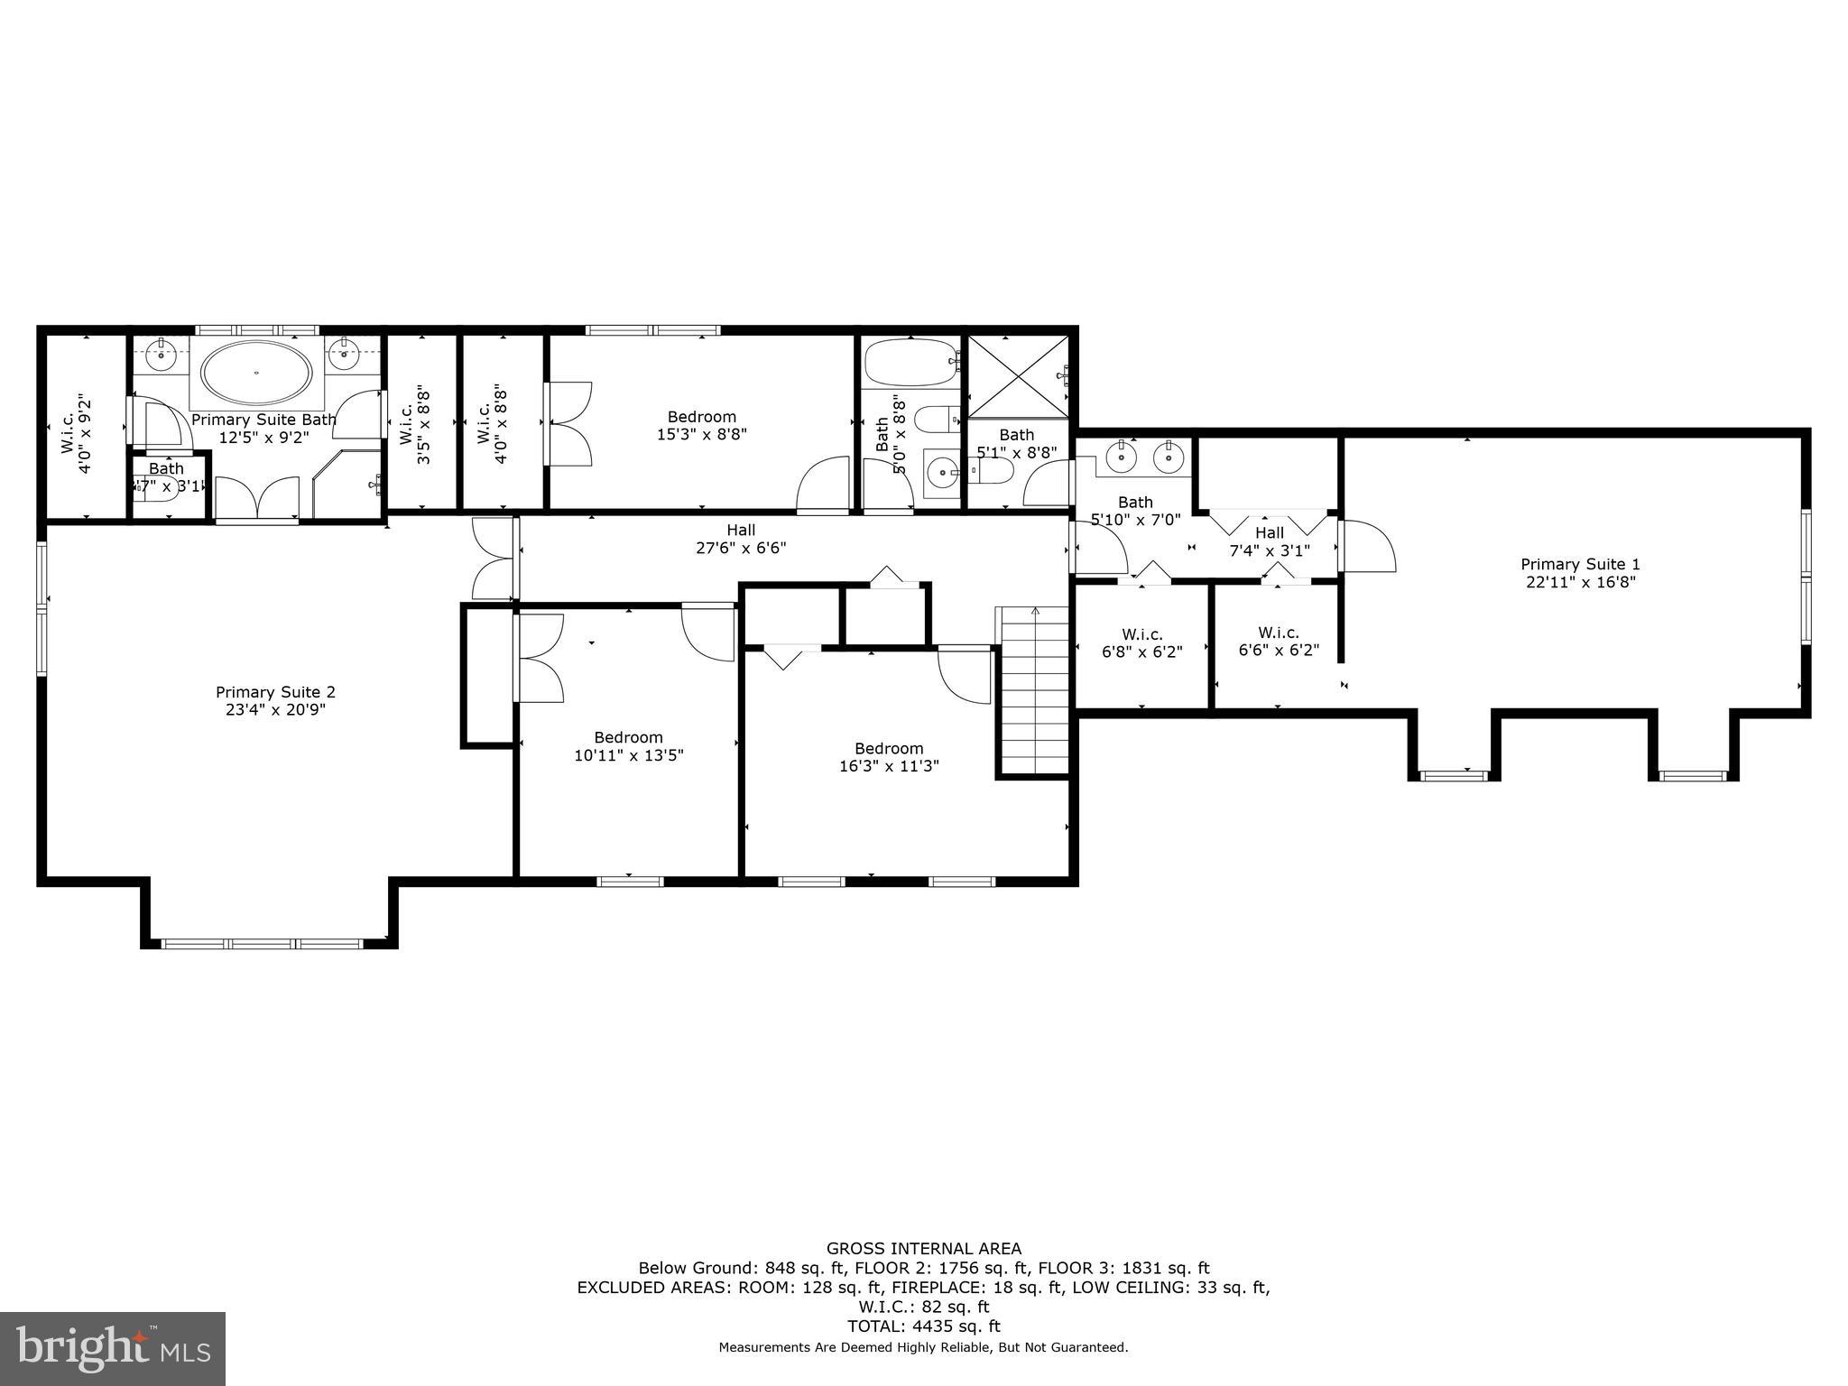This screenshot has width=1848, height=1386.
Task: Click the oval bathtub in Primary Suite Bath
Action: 256,373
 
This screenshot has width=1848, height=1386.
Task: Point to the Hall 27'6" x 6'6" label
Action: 741,539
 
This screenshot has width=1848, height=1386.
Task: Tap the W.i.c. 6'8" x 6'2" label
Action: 1141,642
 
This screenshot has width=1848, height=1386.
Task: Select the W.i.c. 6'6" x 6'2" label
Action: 1279,641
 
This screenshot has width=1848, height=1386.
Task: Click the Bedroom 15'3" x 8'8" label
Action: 701,425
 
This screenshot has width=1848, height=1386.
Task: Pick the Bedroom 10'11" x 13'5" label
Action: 628,746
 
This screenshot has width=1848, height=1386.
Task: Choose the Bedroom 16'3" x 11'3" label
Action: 889,757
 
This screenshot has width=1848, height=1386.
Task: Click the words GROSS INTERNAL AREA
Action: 924,1249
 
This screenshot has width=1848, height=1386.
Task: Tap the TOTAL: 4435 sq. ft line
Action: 924,1326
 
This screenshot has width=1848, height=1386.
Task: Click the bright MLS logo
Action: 113,1348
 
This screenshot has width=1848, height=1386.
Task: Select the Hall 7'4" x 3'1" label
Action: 1270,541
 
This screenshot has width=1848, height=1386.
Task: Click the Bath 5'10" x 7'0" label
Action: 1135,511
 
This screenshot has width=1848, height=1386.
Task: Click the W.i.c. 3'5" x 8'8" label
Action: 414,425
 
